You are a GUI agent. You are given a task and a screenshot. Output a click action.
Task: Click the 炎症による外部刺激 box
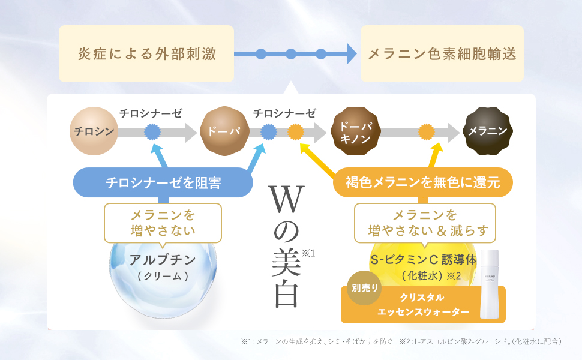tap(146, 54)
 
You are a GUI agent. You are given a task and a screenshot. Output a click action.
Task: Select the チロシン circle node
tap(93, 131)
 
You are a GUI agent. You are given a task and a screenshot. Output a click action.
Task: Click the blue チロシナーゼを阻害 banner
tap(163, 182)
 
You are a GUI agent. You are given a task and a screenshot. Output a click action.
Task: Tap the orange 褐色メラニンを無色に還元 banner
tap(423, 182)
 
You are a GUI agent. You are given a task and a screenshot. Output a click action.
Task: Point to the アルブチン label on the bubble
tap(163, 260)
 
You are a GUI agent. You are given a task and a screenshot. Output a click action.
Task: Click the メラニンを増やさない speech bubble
tap(163, 222)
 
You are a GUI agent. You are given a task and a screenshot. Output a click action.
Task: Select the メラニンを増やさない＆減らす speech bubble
tap(425, 222)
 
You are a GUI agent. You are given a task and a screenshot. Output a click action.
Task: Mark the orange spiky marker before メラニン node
tap(426, 131)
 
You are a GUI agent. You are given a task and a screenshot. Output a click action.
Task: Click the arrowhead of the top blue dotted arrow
tap(351, 54)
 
